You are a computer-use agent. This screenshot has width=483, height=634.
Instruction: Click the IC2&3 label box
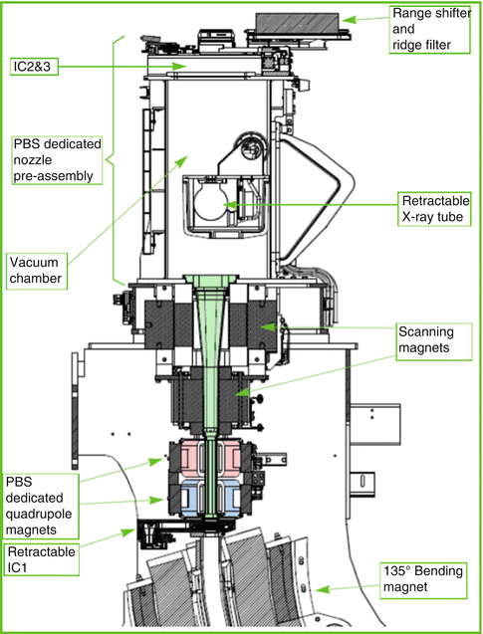click(34, 67)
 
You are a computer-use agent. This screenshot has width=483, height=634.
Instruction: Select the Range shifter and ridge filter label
click(429, 30)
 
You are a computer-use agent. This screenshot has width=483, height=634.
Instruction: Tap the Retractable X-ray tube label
click(434, 209)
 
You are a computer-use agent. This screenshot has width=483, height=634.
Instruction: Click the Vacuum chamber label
click(37, 271)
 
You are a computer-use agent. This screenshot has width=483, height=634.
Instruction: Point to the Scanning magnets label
click(433, 341)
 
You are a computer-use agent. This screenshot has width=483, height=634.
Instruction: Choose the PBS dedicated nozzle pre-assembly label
click(57, 160)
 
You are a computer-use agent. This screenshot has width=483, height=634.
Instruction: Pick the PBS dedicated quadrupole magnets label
click(41, 507)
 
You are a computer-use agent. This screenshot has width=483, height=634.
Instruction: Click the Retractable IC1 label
click(41, 559)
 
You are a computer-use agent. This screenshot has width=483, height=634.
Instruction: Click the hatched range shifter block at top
click(298, 23)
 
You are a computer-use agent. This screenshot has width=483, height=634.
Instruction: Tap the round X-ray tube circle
click(211, 205)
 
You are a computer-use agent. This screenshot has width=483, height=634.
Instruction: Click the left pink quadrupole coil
click(193, 459)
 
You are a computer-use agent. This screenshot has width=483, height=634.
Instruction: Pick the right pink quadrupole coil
click(229, 459)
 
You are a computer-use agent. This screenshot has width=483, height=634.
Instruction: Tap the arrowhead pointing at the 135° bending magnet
click(322, 590)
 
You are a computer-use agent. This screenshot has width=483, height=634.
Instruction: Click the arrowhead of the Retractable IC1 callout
click(129, 531)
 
